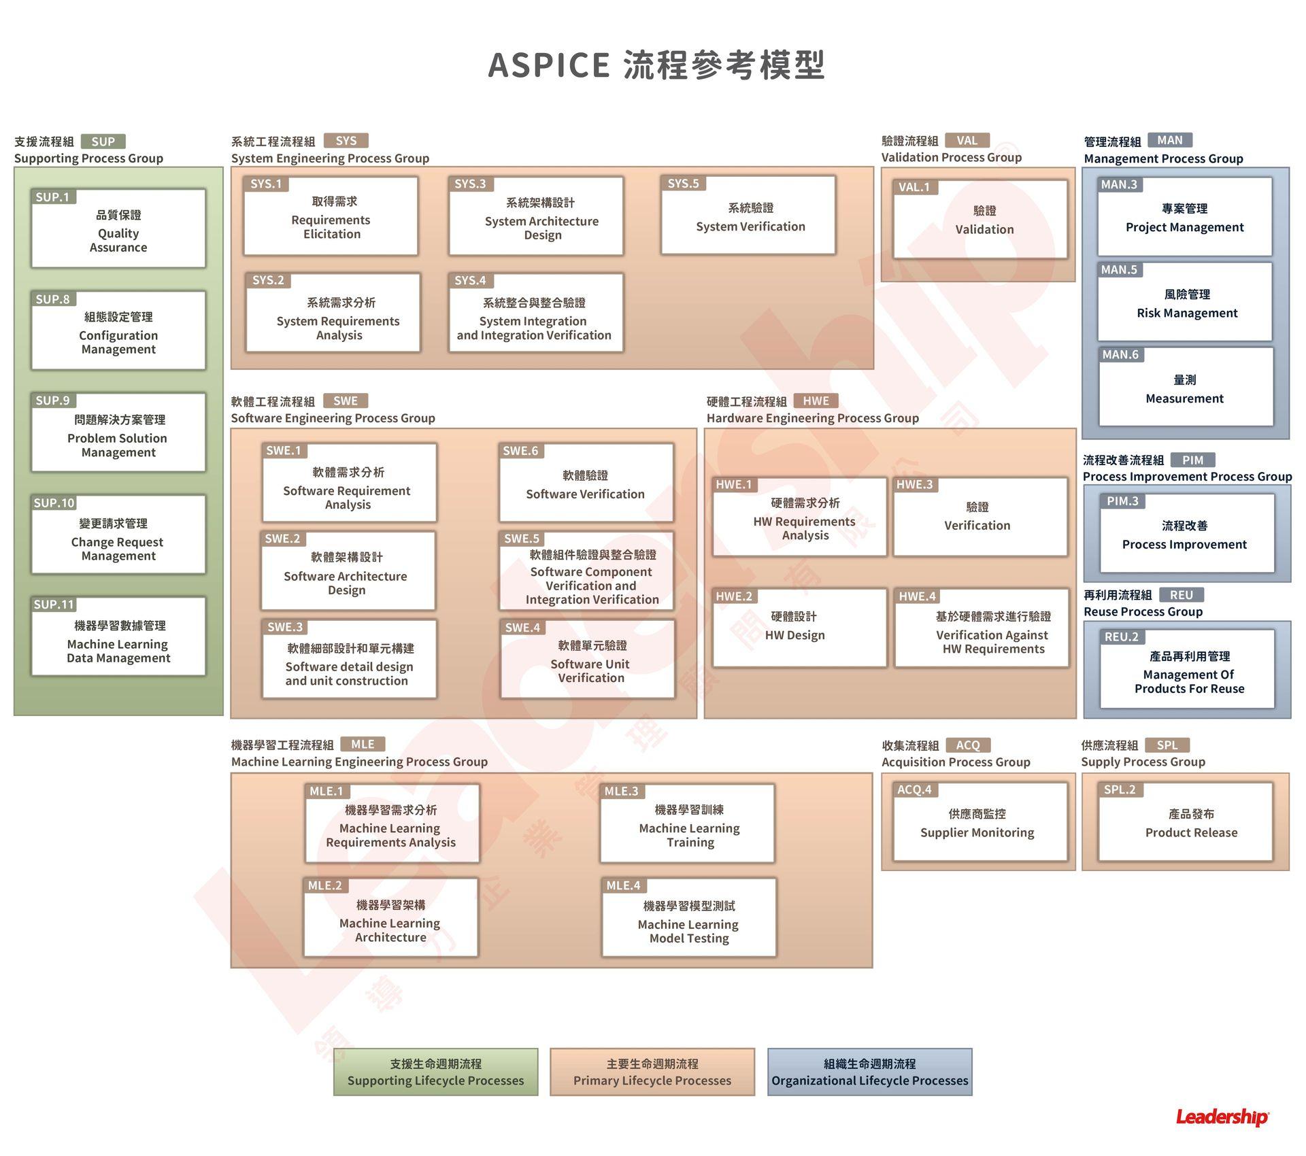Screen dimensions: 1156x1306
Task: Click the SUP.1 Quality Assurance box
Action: pyautogui.click(x=118, y=229)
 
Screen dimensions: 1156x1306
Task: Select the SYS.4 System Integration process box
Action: pyautogui.click(x=535, y=314)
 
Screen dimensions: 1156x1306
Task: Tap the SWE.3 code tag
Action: pyautogui.click(x=284, y=627)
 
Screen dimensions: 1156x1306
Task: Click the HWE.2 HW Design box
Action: pyautogui.click(x=799, y=628)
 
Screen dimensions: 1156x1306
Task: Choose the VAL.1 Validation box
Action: pyautogui.click(x=980, y=220)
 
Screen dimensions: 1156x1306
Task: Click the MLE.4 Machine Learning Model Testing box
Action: pyautogui.click(x=689, y=918)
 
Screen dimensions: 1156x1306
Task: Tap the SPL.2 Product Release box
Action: pyautogui.click(x=1185, y=823)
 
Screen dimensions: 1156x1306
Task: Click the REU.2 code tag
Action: pyautogui.click(x=1122, y=637)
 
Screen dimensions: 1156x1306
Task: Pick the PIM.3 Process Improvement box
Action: pyautogui.click(x=1187, y=534)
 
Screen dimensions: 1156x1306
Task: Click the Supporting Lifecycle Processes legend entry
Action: pyautogui.click(x=435, y=1072)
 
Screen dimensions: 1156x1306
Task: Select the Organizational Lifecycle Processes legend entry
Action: pyautogui.click(x=869, y=1072)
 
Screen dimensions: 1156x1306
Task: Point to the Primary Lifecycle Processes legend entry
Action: pyautogui.click(x=652, y=1072)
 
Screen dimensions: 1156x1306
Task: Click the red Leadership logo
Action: pyautogui.click(x=1222, y=1117)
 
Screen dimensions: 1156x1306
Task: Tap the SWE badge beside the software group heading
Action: pyautogui.click(x=346, y=401)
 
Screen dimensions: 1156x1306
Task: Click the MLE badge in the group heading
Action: pyautogui.click(x=363, y=744)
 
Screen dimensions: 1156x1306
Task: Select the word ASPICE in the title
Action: pyautogui.click(x=549, y=65)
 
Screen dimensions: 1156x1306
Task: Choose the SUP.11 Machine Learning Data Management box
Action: pyautogui.click(x=118, y=637)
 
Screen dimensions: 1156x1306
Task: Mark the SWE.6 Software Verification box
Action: pyautogui.click(x=586, y=483)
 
